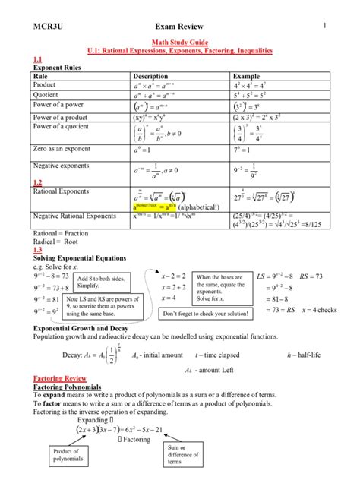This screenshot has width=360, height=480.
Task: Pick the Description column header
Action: click(x=155, y=77)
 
